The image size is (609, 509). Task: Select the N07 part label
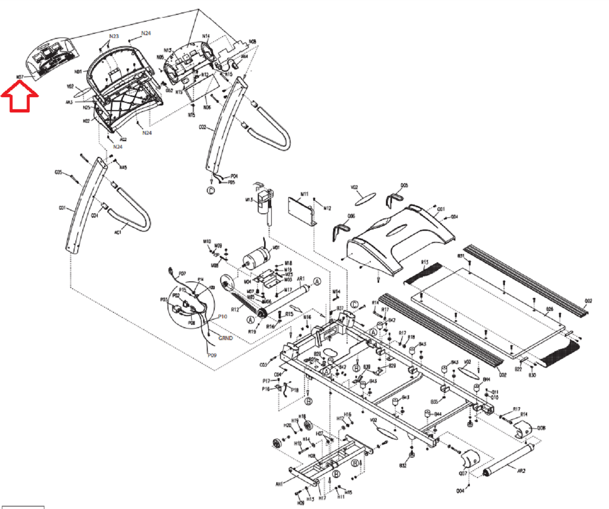click(20, 77)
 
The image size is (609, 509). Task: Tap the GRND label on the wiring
click(225, 338)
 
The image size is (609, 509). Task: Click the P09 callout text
click(212, 355)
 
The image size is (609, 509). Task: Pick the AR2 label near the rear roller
click(521, 471)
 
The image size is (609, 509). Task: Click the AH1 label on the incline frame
click(279, 484)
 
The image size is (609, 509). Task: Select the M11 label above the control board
click(304, 194)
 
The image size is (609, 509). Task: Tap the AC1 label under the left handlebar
click(118, 232)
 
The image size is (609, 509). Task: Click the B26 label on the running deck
click(549, 309)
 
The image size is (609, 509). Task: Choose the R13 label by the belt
click(425, 262)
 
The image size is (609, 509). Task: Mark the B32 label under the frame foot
click(403, 466)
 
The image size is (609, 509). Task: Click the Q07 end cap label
click(463, 473)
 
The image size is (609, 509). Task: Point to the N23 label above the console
click(114, 36)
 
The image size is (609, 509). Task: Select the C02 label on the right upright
click(202, 127)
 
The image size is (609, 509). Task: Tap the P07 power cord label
click(182, 273)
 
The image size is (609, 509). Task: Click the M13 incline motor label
click(249, 200)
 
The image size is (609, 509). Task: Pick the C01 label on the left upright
click(62, 208)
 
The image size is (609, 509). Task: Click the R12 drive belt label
click(235, 309)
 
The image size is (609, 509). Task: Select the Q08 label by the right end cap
click(541, 428)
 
